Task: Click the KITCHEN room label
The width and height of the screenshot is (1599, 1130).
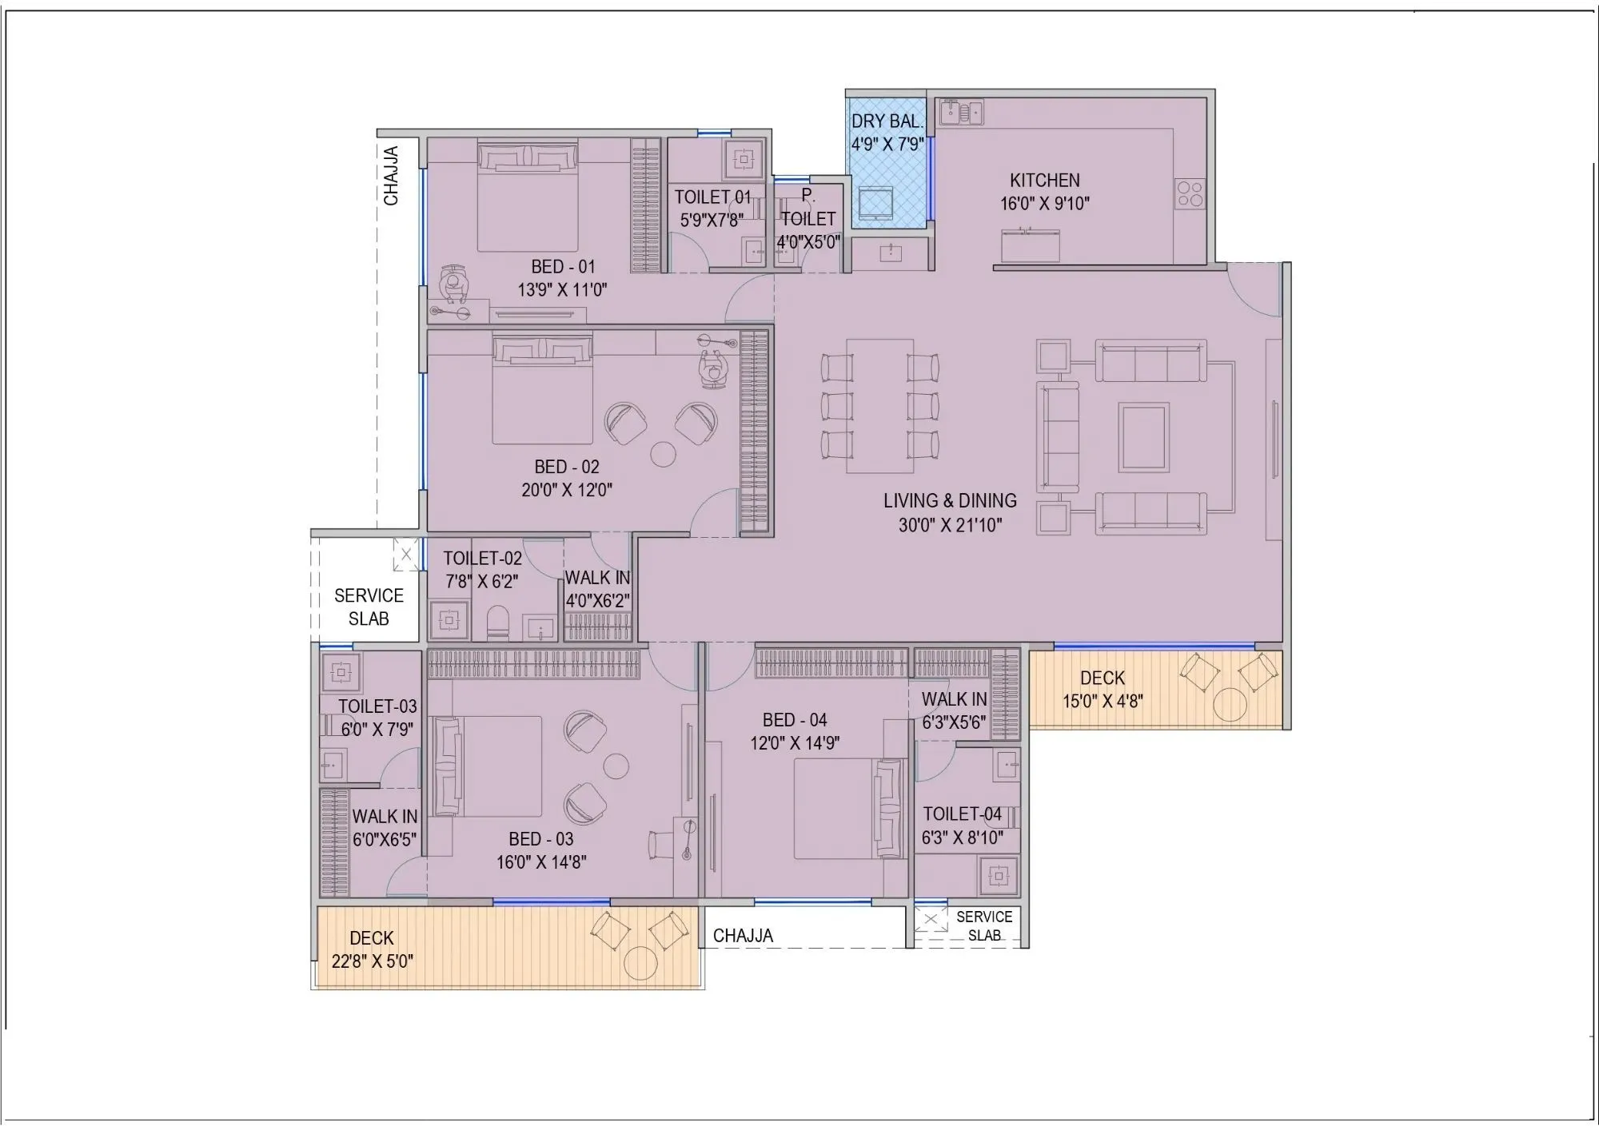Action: click(x=1044, y=181)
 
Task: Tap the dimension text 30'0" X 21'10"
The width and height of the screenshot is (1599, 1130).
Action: click(x=949, y=525)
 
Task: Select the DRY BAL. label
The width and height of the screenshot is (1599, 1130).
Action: click(x=887, y=121)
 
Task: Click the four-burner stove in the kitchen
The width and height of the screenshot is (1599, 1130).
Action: click(x=1189, y=193)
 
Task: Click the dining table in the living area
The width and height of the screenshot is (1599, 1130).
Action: click(x=879, y=405)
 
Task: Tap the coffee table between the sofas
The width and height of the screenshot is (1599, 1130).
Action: click(x=1143, y=437)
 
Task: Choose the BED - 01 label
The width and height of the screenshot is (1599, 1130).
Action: click(x=563, y=267)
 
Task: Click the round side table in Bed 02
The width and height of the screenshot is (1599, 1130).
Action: click(x=663, y=454)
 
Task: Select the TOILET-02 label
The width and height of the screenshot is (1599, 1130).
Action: click(x=482, y=559)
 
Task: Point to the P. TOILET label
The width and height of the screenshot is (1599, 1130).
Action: click(x=808, y=207)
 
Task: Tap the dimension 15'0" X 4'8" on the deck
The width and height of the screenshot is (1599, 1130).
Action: click(x=1102, y=702)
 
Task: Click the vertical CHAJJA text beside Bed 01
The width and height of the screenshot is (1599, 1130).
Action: click(x=391, y=176)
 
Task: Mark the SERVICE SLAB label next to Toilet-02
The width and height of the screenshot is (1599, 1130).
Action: click(x=369, y=607)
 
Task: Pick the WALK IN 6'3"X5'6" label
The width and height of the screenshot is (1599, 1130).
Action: click(x=954, y=710)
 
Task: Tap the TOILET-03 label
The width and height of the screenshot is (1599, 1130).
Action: click(x=377, y=706)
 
